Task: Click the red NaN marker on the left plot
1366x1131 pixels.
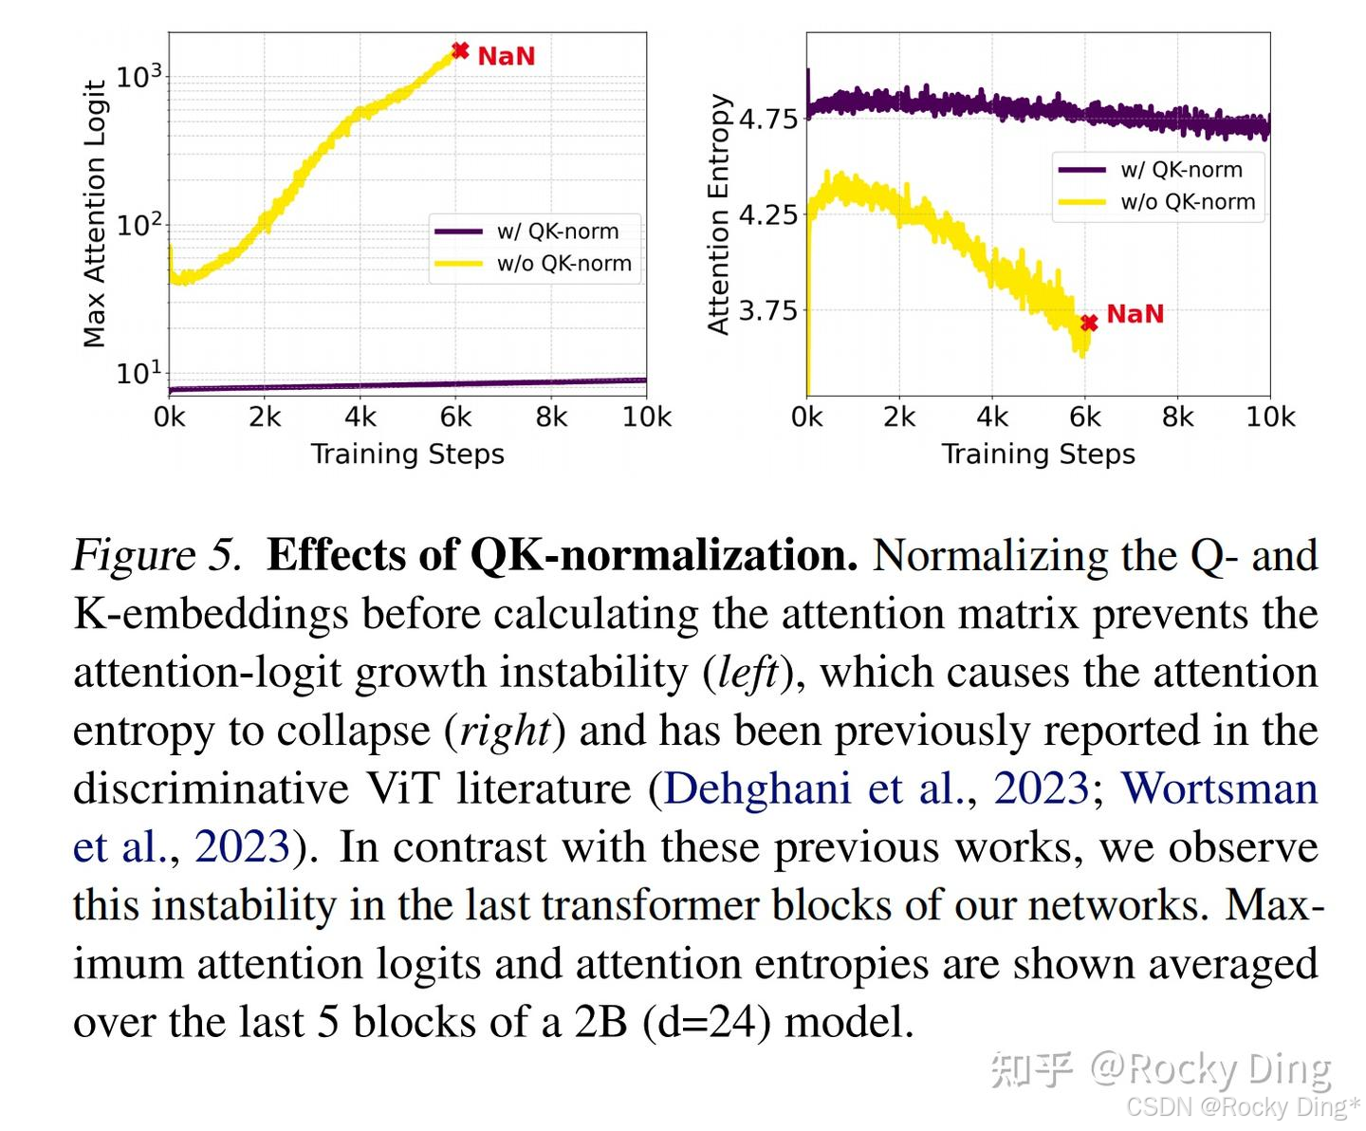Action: pyautogui.click(x=460, y=50)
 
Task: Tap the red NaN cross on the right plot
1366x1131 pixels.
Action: pyautogui.click(x=1089, y=323)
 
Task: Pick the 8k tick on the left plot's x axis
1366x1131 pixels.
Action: pyautogui.click(x=551, y=417)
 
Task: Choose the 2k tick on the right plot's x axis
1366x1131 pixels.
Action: pyautogui.click(x=899, y=417)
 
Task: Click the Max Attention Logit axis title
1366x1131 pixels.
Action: pyautogui.click(x=94, y=213)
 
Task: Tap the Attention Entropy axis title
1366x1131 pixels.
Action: pyautogui.click(x=719, y=213)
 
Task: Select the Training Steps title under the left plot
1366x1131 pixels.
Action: pyautogui.click(x=408, y=454)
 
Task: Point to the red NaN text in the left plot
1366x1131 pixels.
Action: pyautogui.click(x=507, y=56)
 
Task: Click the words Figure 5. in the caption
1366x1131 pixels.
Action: pyautogui.click(x=157, y=555)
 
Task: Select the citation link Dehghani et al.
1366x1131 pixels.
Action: pyautogui.click(x=814, y=788)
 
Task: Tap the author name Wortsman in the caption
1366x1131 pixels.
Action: pyautogui.click(x=1220, y=788)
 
